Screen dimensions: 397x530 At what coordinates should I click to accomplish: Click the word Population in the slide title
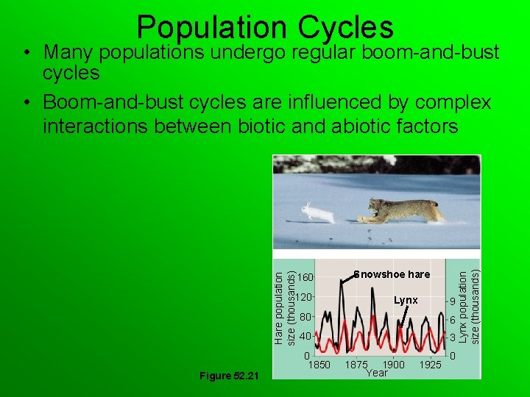click(213, 27)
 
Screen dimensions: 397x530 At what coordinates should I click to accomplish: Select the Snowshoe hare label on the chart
click(392, 274)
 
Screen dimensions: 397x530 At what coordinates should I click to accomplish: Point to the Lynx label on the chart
click(406, 300)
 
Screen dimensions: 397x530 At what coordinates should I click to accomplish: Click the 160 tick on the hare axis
click(306, 277)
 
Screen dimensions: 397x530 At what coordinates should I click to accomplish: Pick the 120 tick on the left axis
click(306, 297)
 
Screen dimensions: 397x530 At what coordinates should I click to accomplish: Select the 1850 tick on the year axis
click(319, 365)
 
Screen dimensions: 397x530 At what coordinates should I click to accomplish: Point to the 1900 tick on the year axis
click(393, 365)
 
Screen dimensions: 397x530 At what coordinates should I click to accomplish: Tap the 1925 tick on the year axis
click(430, 365)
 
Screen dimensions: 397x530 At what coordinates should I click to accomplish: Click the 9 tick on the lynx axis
click(452, 302)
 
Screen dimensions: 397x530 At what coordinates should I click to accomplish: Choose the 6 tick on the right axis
click(452, 321)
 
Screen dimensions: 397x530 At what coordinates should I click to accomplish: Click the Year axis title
click(376, 373)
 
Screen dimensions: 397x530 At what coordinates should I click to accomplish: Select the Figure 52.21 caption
click(229, 376)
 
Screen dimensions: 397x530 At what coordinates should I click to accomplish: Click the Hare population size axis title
click(284, 307)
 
